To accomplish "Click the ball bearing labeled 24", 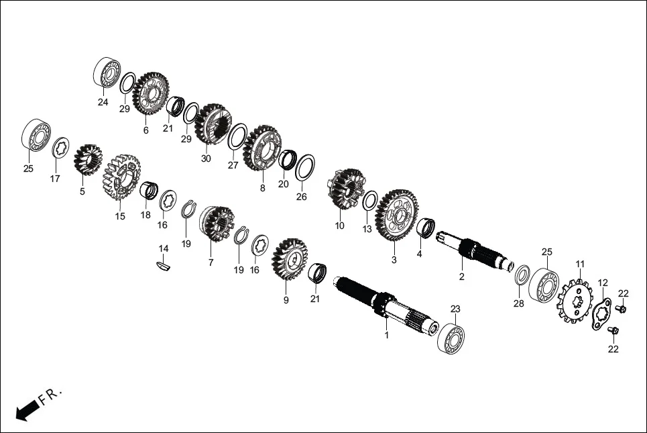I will click(107, 73).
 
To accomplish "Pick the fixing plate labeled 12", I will click(602, 314).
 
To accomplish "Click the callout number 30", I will click(206, 159).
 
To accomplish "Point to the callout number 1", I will click(386, 334).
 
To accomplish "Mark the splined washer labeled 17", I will click(61, 146).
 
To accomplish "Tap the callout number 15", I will click(120, 216).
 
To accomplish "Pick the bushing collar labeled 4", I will click(426, 227).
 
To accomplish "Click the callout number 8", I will click(262, 189).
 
